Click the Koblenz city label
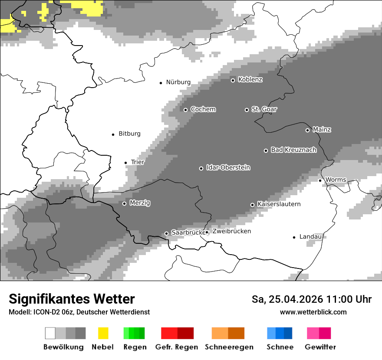(250, 80)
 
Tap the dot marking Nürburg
(161, 82)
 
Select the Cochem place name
(203, 109)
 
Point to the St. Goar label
(264, 109)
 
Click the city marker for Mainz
(307, 130)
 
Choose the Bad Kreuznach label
(293, 150)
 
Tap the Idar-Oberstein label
(228, 168)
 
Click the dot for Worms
(320, 180)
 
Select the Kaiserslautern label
(279, 204)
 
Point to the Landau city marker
(294, 237)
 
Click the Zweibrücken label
(232, 232)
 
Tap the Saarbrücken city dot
(166, 233)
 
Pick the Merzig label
(140, 203)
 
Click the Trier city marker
(125, 163)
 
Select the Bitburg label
(129, 134)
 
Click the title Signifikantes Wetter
(72, 299)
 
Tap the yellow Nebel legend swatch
(103, 333)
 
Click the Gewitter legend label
(320, 347)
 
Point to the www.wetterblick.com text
(313, 312)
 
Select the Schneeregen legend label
(229, 347)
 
